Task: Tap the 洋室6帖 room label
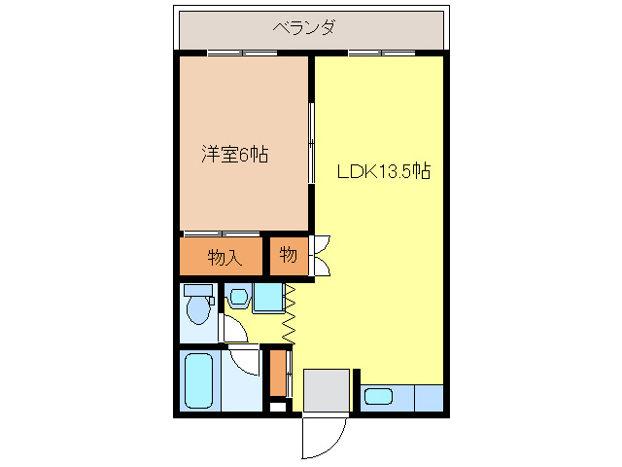235,153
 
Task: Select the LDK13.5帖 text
384,171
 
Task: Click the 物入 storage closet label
223,258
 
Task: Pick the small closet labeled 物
289,255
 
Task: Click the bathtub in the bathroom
201,382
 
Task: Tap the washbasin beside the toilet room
239,298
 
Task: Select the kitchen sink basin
377,397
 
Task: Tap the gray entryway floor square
327,390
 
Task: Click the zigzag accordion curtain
289,313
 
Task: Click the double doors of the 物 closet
321,255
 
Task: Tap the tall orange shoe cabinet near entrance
279,371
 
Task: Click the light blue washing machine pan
268,298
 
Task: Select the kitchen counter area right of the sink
428,397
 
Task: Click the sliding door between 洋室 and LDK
312,146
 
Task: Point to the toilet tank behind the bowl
198,290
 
